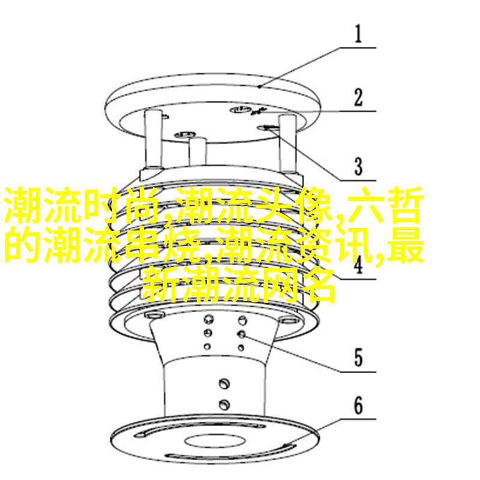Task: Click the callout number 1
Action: click(x=358, y=34)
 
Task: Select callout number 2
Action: click(x=358, y=97)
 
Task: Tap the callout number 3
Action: click(x=358, y=167)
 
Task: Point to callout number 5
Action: click(x=358, y=358)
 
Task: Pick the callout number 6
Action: click(x=358, y=405)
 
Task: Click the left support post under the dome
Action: click(x=153, y=139)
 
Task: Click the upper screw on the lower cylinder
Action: click(x=224, y=383)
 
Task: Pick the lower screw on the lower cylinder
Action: click(x=224, y=404)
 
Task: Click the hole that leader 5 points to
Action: click(x=242, y=334)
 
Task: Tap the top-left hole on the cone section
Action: click(x=208, y=319)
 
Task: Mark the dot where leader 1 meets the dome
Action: click(x=259, y=87)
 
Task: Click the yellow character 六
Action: click(x=365, y=205)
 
